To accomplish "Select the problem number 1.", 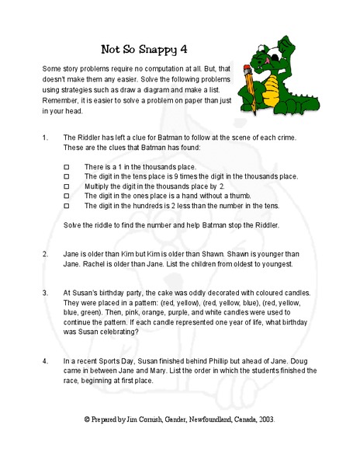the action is pyautogui.click(x=45, y=137).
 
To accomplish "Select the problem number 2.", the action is pyautogui.click(x=45, y=254).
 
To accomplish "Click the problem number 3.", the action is pyautogui.click(x=45, y=294).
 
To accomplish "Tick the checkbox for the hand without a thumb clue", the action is pyautogui.click(x=66, y=196).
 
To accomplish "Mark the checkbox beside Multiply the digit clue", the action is pyautogui.click(x=66, y=186).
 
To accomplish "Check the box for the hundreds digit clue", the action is pyautogui.click(x=66, y=206).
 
